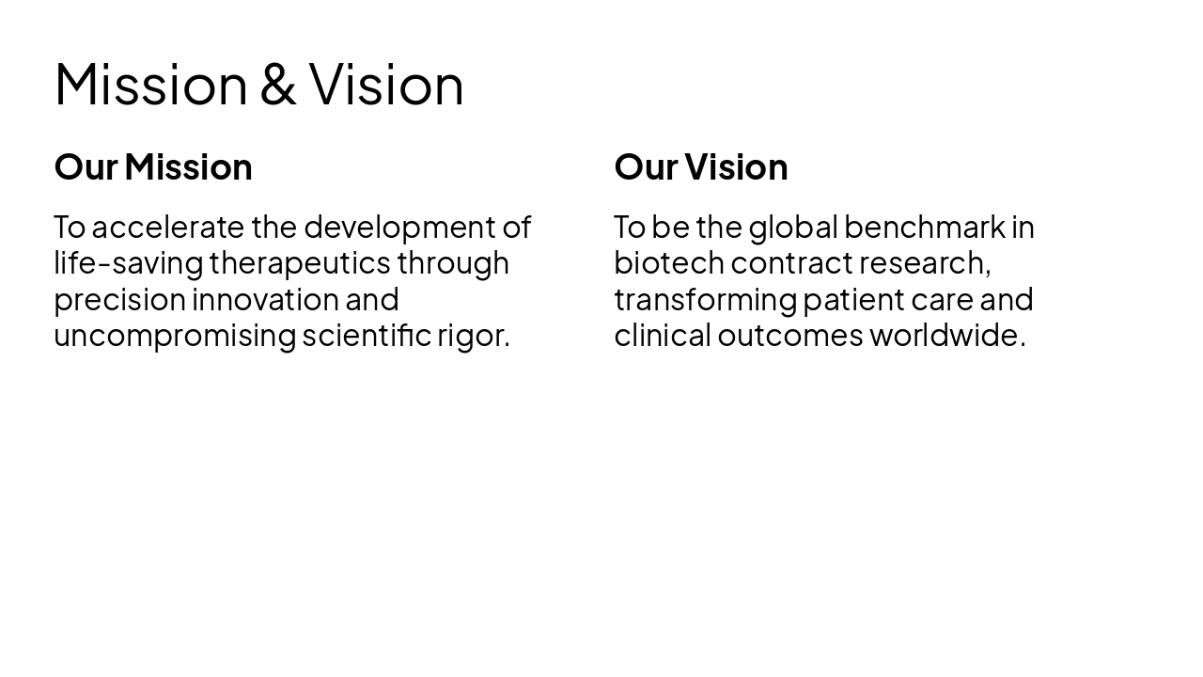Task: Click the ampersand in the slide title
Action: (x=277, y=85)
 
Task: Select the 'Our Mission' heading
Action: (x=153, y=167)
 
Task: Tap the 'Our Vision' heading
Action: (x=700, y=167)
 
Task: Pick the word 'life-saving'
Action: (x=128, y=263)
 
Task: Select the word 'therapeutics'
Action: (x=299, y=263)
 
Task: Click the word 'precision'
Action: (x=119, y=300)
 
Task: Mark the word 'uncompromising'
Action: (x=174, y=336)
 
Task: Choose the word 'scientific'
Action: (x=366, y=336)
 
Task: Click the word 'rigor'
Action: (x=470, y=336)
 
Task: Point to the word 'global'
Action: (x=792, y=228)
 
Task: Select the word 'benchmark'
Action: (x=924, y=228)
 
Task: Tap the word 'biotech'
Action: (x=668, y=263)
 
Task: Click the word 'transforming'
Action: (x=705, y=300)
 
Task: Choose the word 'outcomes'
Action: (x=789, y=336)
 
